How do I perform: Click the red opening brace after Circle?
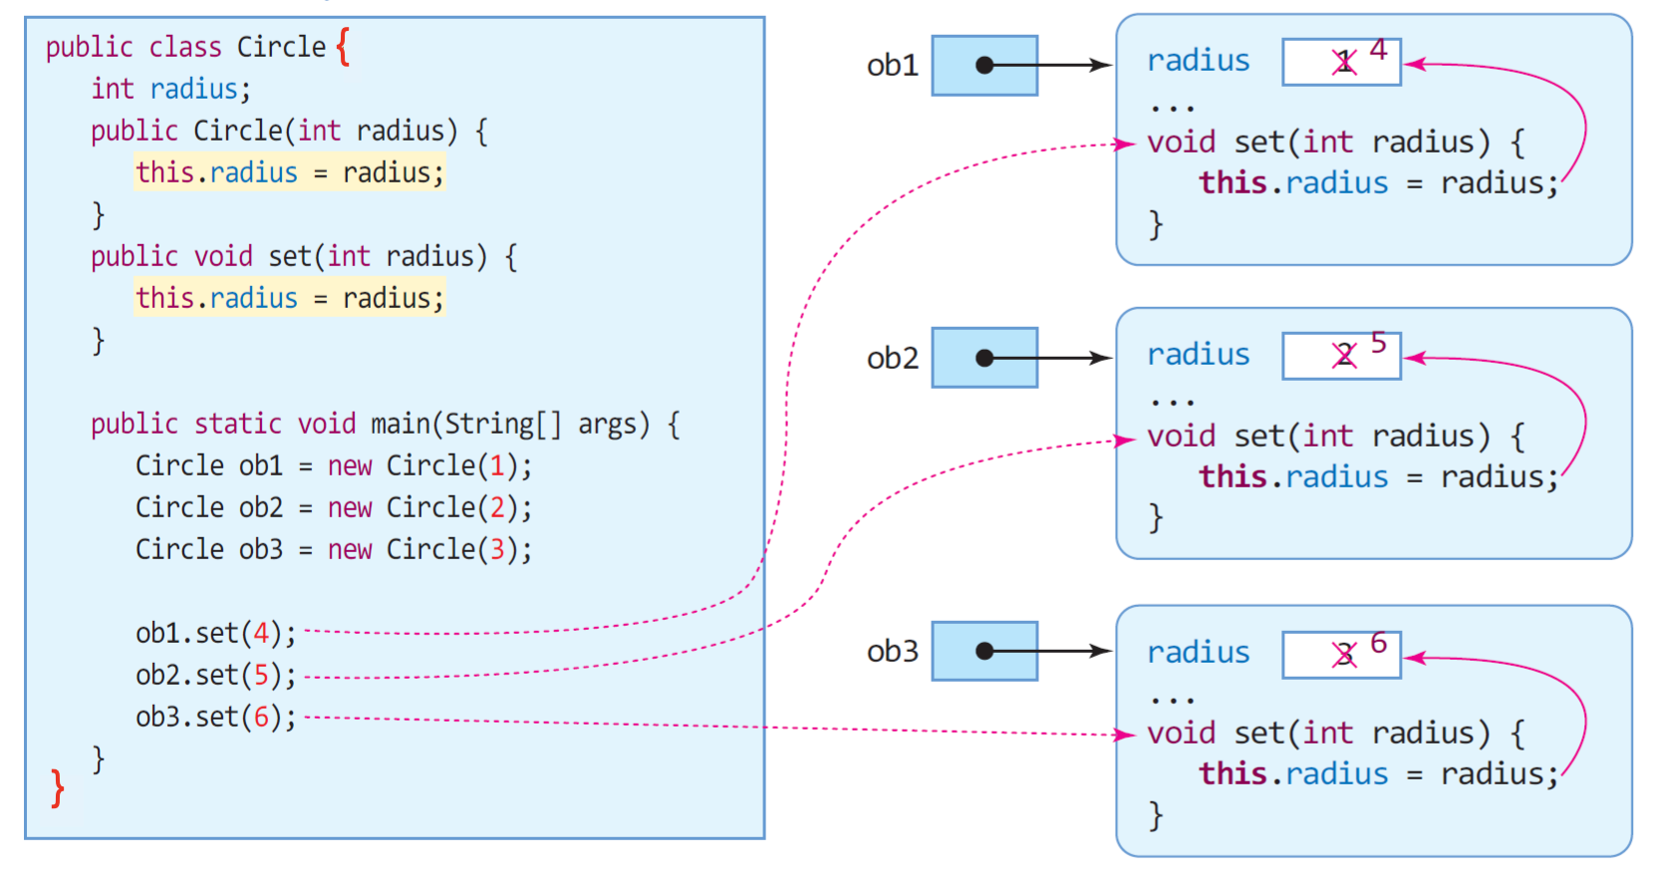(x=343, y=47)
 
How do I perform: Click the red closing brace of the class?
(x=58, y=788)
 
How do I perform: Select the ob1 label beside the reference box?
(x=892, y=65)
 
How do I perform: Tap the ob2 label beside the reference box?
(x=892, y=358)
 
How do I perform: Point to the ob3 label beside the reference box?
(x=892, y=651)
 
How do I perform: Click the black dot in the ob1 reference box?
(x=984, y=65)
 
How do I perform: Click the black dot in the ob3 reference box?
(x=984, y=651)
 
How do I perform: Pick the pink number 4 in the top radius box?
(x=1378, y=50)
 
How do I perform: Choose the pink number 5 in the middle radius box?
(x=1378, y=343)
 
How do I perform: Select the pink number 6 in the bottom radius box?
(x=1378, y=643)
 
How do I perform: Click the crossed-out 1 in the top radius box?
(x=1343, y=62)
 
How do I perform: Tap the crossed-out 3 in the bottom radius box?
(x=1343, y=655)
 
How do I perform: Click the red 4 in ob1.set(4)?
(x=261, y=633)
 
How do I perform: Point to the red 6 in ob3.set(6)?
(x=261, y=717)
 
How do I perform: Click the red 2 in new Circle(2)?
(x=496, y=507)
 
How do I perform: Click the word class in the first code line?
(x=184, y=47)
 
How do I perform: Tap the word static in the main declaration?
(x=238, y=424)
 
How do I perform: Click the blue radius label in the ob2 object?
(x=1199, y=354)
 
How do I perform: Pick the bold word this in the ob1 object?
(x=1233, y=182)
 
